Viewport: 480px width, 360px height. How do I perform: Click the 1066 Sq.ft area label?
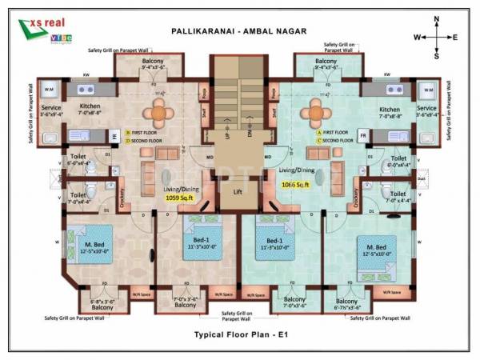coord(296,185)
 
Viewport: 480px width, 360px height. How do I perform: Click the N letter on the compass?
coord(436,18)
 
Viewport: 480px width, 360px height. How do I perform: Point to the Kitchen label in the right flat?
coord(390,110)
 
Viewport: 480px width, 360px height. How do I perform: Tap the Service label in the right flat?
coord(427,108)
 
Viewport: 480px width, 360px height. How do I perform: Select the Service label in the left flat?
coord(50,108)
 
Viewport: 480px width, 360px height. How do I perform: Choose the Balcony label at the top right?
coord(326,62)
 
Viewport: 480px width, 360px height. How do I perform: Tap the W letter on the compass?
coord(417,38)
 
